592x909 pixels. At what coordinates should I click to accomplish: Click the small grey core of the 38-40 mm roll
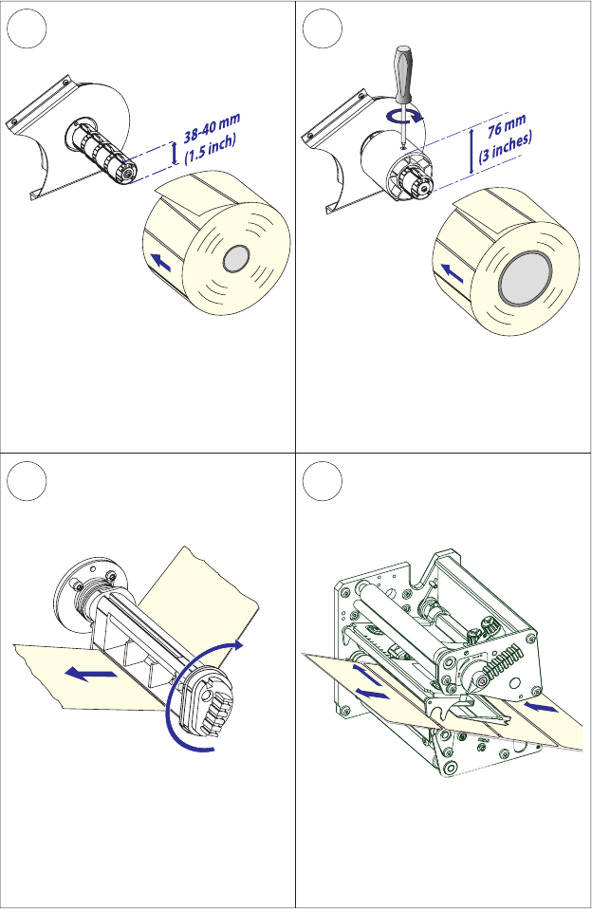(234, 258)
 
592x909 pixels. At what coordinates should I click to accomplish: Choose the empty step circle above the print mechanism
(324, 485)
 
